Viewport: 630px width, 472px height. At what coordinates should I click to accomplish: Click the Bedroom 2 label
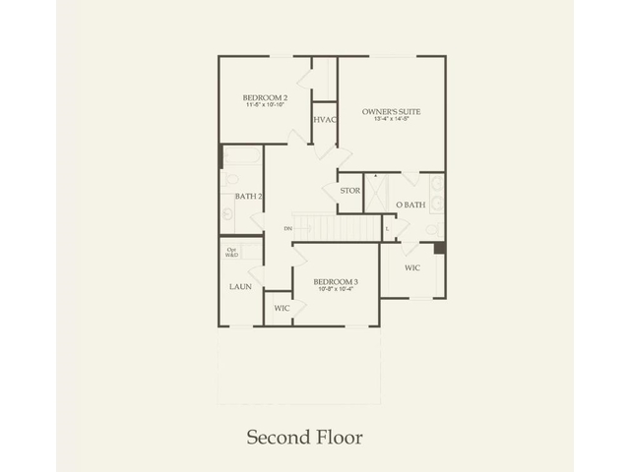pyautogui.click(x=265, y=97)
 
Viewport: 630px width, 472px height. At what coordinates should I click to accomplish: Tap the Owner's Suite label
pyautogui.click(x=391, y=112)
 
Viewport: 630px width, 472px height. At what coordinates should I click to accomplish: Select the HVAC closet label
pyautogui.click(x=325, y=120)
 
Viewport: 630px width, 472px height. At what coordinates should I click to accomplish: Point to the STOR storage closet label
pyautogui.click(x=349, y=190)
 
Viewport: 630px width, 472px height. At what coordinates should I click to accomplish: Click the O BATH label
pyautogui.click(x=410, y=205)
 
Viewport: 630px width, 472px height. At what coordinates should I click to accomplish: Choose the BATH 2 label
pyautogui.click(x=248, y=197)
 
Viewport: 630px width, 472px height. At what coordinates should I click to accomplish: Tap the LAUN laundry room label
pyautogui.click(x=240, y=286)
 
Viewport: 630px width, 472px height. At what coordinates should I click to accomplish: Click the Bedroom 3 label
pyautogui.click(x=336, y=282)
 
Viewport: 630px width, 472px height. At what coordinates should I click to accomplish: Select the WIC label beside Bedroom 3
pyautogui.click(x=282, y=308)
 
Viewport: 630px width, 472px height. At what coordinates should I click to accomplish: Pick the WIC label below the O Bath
pyautogui.click(x=412, y=266)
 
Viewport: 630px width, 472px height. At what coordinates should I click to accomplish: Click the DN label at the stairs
pyautogui.click(x=288, y=229)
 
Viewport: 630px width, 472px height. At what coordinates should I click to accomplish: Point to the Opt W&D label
pyautogui.click(x=232, y=252)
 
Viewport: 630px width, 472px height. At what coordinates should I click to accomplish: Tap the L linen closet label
pyautogui.click(x=388, y=228)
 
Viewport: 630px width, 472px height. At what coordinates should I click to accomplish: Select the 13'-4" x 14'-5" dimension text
pyautogui.click(x=391, y=121)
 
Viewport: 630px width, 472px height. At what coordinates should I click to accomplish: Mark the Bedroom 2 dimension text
pyautogui.click(x=265, y=106)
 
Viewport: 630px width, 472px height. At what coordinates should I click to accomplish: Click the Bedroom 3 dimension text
pyautogui.click(x=336, y=290)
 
